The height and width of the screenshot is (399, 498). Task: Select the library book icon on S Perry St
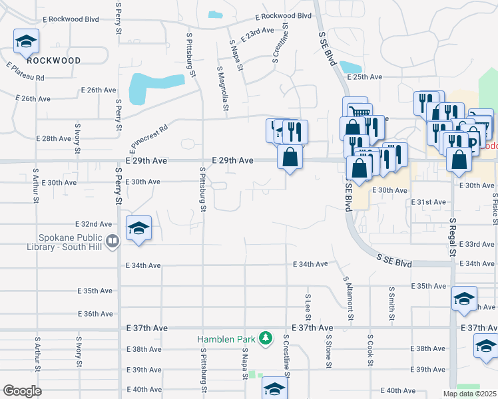(x=113, y=241)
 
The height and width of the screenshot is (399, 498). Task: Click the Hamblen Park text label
(x=226, y=339)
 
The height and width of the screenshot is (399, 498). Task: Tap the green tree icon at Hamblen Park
(x=266, y=338)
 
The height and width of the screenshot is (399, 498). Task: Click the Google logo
(x=22, y=391)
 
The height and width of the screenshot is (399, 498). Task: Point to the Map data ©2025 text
(x=469, y=394)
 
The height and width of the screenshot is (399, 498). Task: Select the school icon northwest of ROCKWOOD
(x=25, y=43)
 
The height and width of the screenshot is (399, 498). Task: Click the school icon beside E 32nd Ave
(x=138, y=229)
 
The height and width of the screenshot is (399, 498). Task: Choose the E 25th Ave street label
(x=368, y=77)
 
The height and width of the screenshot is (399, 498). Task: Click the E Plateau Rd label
(x=25, y=72)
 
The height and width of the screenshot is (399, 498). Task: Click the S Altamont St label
(x=346, y=297)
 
